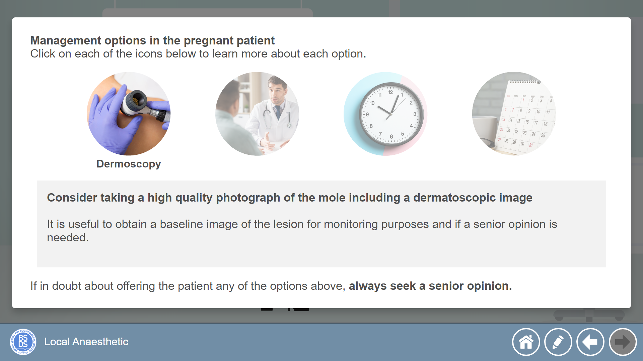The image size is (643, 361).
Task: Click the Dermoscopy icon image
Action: point(129,114)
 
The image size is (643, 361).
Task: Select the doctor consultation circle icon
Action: point(257,114)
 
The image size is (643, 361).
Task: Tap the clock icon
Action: point(385,114)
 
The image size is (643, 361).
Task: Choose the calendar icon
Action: point(514,114)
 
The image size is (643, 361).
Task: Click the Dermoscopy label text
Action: point(129,164)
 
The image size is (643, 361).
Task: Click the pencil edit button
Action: point(558,342)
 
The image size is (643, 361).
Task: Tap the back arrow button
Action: point(590,342)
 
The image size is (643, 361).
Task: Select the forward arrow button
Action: point(623,342)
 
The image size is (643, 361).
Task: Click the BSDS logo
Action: point(23,342)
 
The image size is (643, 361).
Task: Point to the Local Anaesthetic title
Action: point(86,342)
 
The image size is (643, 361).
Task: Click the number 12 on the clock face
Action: point(390,92)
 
